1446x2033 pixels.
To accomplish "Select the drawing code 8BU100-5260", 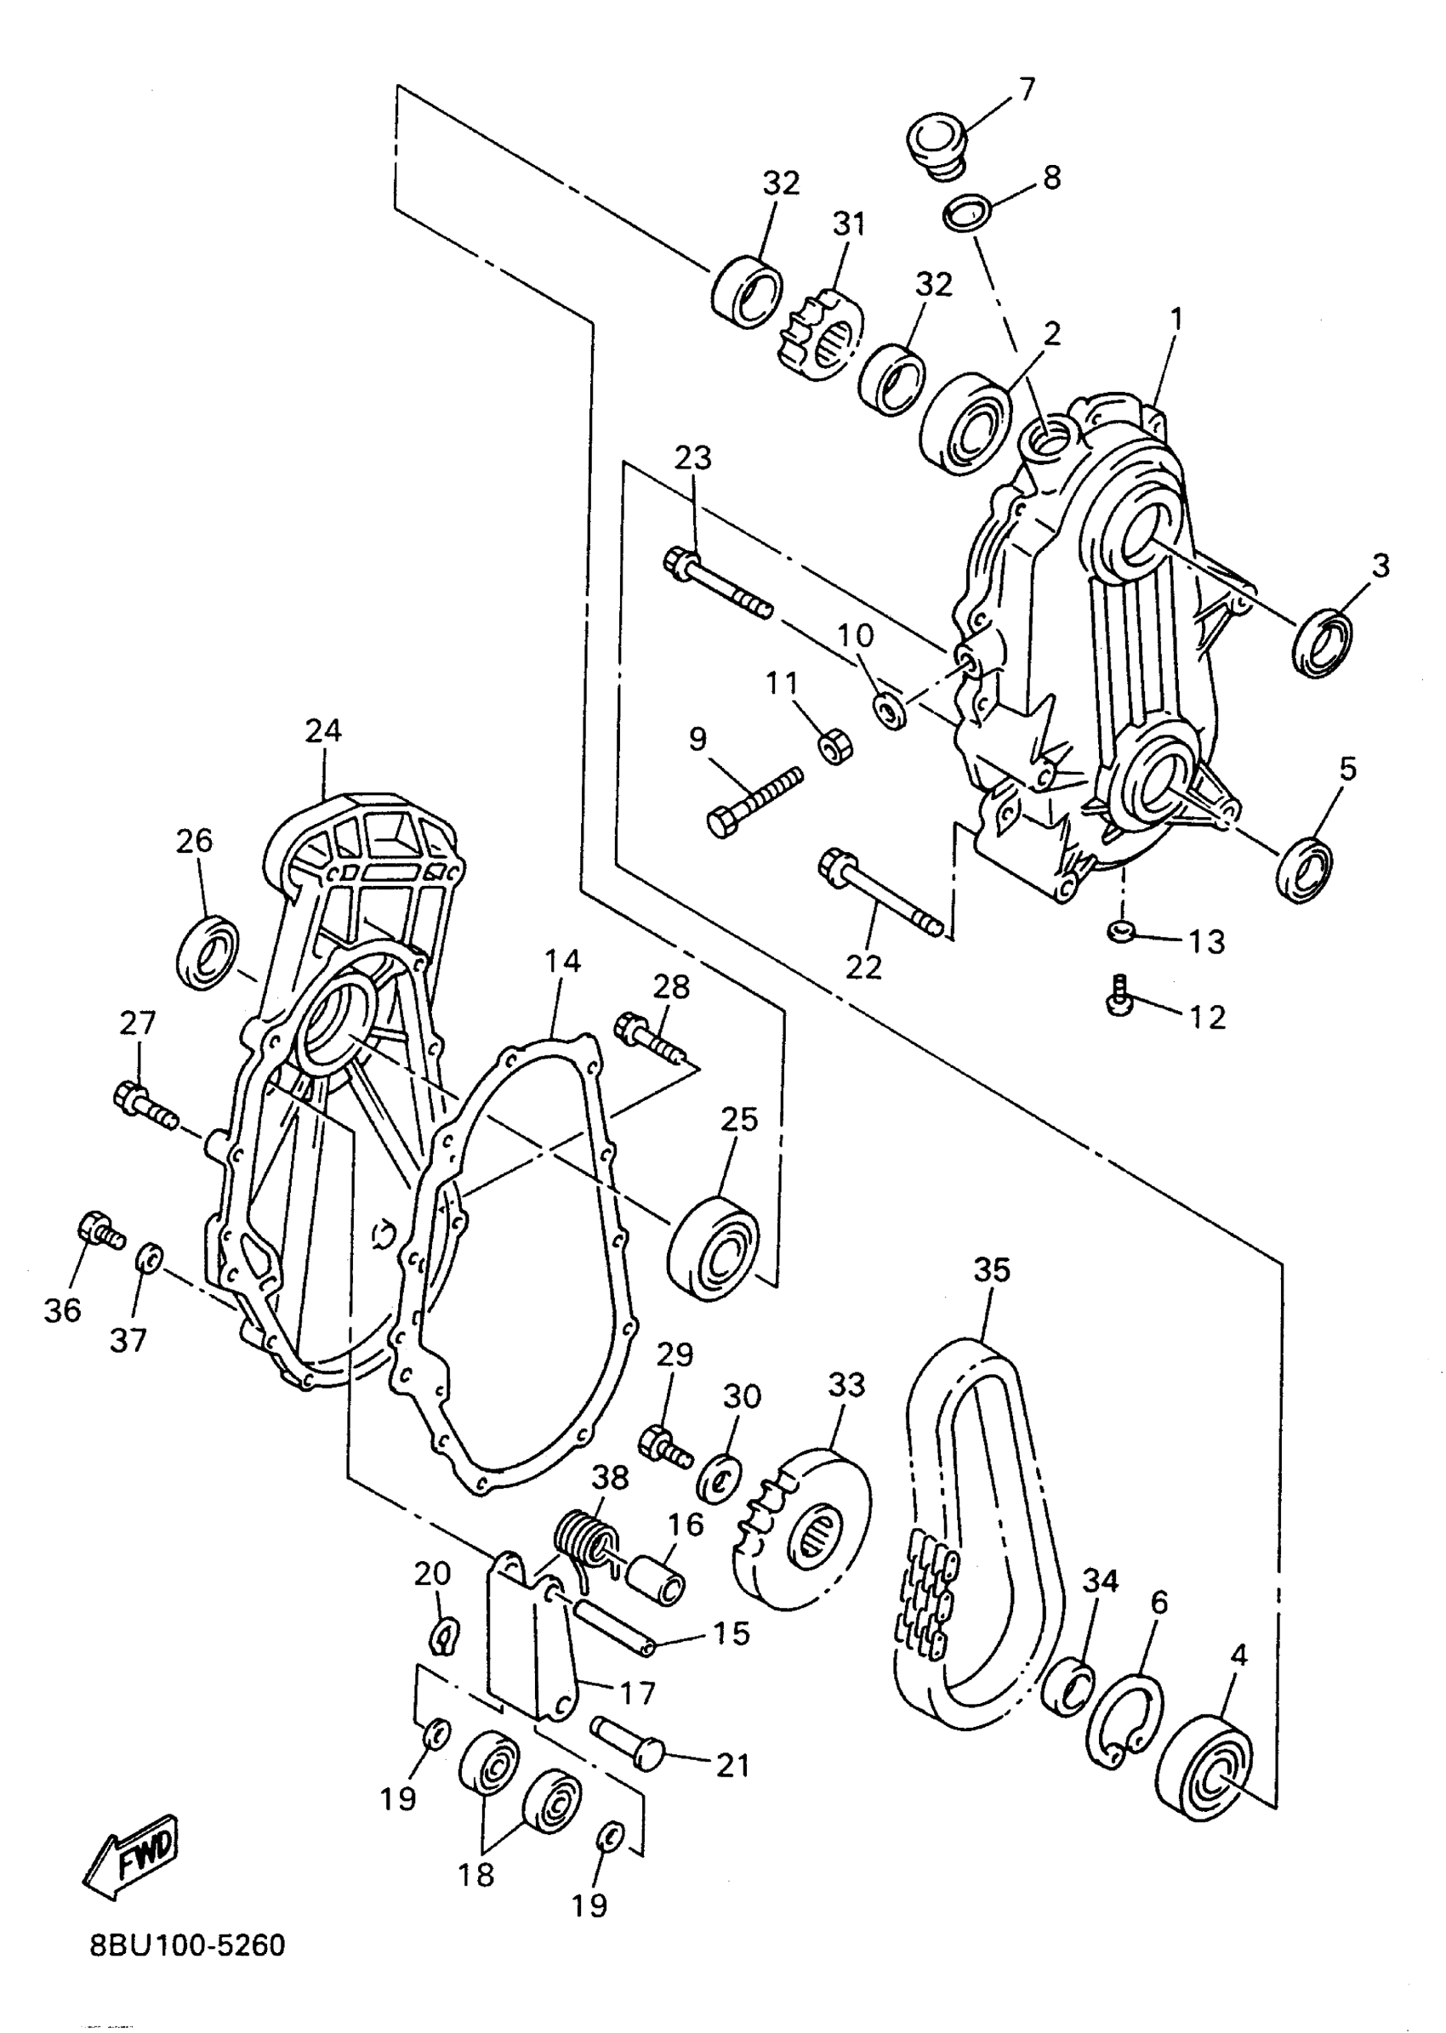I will pyautogui.click(x=187, y=1945).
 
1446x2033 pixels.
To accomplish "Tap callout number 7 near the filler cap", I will pyautogui.click(x=1027, y=89).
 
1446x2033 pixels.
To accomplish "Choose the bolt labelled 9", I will pyautogui.click(x=754, y=799).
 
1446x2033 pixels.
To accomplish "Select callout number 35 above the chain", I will pyautogui.click(x=992, y=1269).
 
